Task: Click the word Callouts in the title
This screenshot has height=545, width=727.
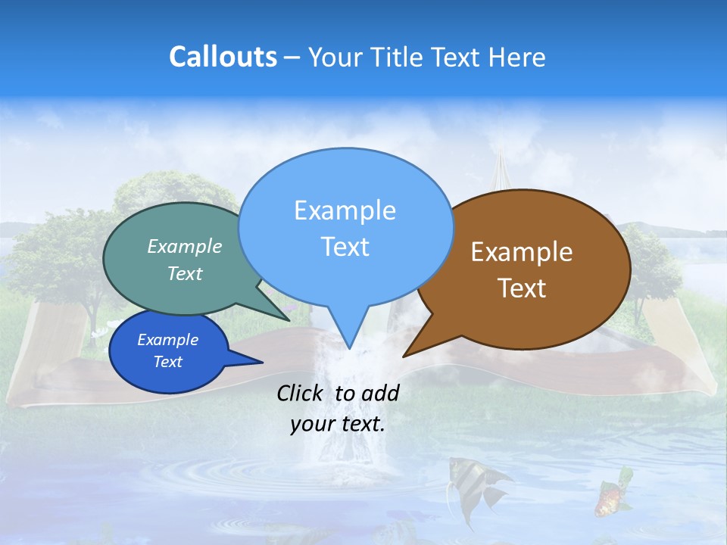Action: click(x=223, y=57)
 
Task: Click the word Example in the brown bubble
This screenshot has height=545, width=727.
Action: click(x=522, y=252)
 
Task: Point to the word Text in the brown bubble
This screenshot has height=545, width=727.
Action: click(x=522, y=288)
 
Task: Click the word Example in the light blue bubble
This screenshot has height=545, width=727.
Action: click(x=345, y=210)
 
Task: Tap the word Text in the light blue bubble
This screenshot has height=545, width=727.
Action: click(x=345, y=247)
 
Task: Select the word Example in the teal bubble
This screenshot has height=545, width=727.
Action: click(x=185, y=247)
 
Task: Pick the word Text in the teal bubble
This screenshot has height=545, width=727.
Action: click(x=185, y=273)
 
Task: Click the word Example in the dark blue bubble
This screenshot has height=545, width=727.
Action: click(x=167, y=340)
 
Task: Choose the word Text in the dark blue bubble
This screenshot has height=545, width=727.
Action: click(x=167, y=362)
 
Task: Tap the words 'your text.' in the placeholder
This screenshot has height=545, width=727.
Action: click(x=338, y=425)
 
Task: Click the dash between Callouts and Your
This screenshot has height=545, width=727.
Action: click(x=292, y=58)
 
